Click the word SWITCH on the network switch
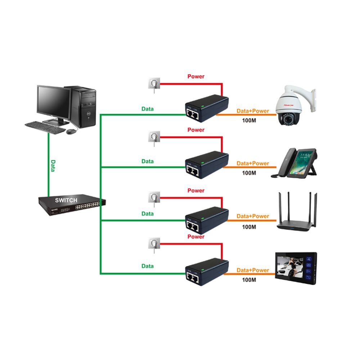tap(66, 200)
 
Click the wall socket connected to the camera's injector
tap(153, 84)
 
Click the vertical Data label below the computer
tap(53, 166)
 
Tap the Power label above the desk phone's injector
tap(196, 130)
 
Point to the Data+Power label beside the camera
tap(253, 111)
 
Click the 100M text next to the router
tap(249, 227)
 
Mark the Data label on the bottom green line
tap(147, 266)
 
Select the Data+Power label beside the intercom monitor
tap(253, 270)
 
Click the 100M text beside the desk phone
tap(249, 173)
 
